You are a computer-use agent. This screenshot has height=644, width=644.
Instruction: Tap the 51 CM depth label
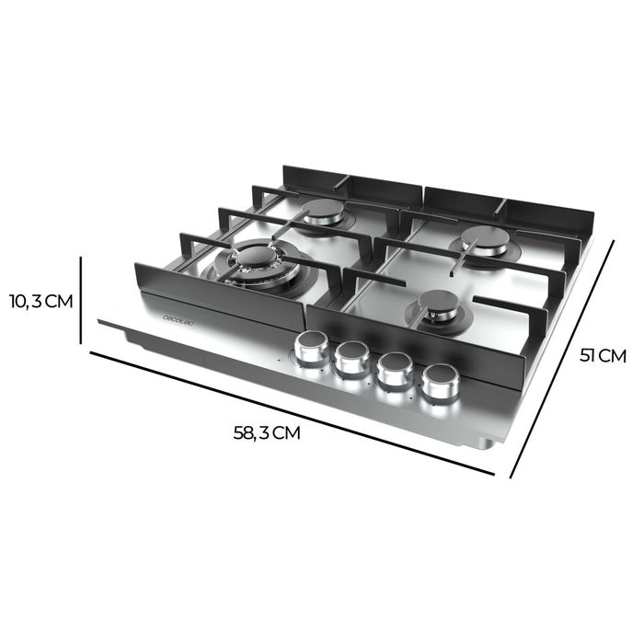pos(604,355)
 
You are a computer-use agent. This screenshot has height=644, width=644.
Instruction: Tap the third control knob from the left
pos(396,368)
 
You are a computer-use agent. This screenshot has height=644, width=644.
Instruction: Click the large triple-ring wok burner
pos(258,261)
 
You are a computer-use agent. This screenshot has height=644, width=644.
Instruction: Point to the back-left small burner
pos(323,213)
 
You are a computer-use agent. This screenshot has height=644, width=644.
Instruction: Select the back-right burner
pos(485,240)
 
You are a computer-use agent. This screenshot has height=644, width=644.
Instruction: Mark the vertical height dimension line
pos(83,300)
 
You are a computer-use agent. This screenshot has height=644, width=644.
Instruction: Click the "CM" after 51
pos(613,355)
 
